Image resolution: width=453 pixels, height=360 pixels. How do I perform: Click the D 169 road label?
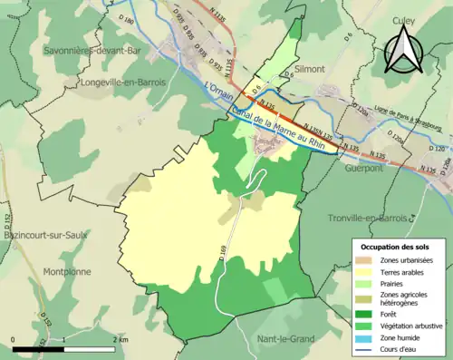click(x=222, y=243)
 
